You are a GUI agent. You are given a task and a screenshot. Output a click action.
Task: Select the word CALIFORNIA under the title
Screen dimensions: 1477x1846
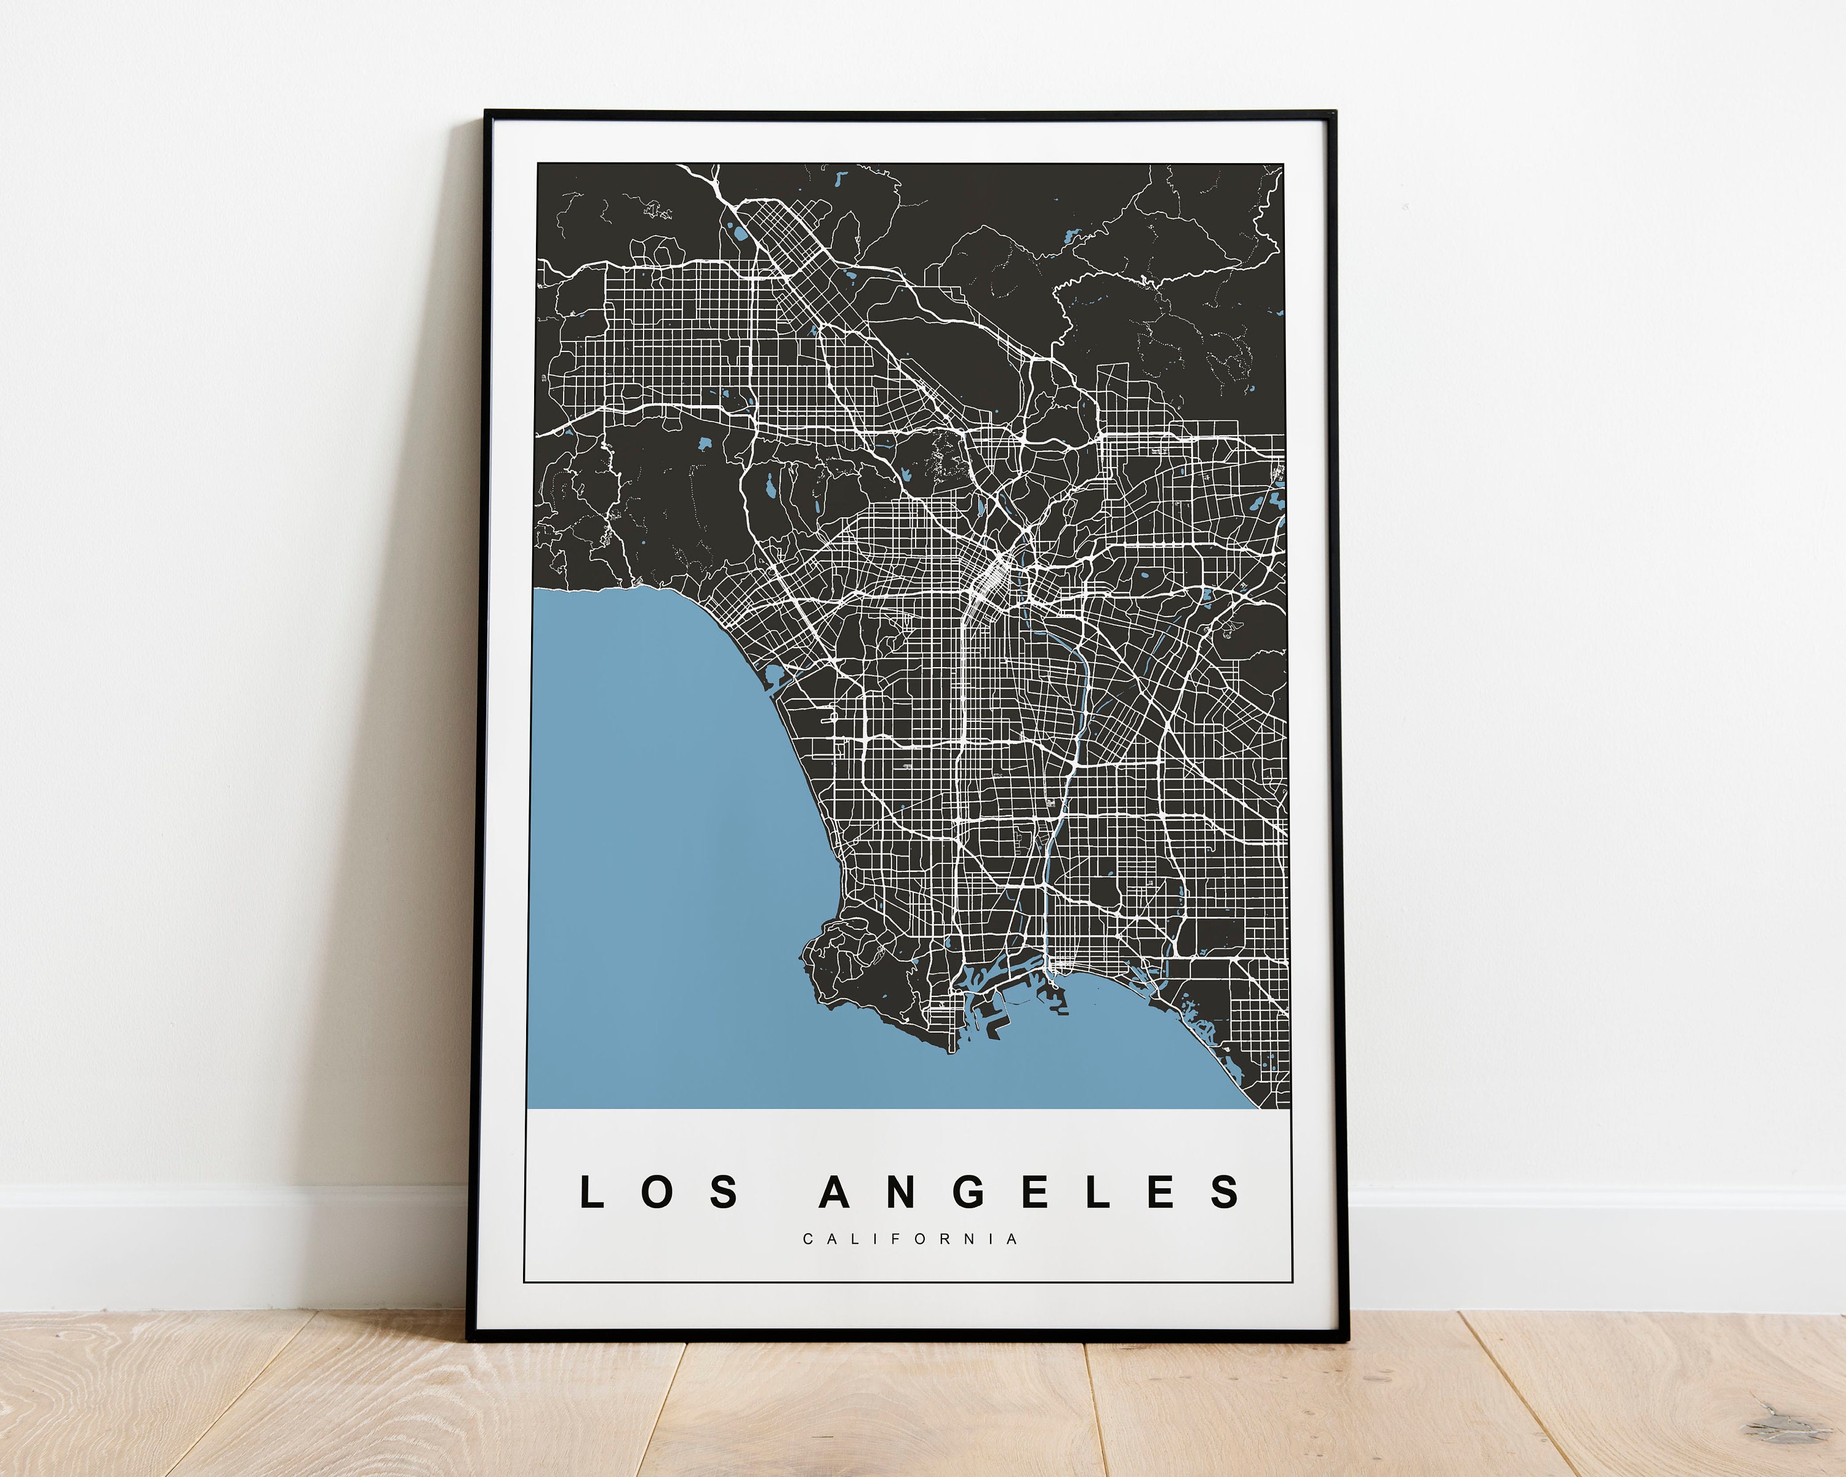[910, 1239]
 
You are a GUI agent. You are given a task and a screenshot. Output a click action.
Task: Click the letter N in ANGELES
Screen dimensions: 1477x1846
[901, 1192]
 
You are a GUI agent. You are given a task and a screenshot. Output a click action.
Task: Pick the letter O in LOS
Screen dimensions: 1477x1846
[657, 1192]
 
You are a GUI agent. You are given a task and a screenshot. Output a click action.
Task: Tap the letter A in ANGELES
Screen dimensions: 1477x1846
[834, 1192]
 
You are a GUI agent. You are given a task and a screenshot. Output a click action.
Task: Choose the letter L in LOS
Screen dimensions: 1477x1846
[592, 1192]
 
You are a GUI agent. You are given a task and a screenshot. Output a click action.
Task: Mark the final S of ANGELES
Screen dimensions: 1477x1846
[1225, 1192]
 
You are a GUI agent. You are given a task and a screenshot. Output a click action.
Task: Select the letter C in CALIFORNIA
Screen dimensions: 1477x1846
[807, 1239]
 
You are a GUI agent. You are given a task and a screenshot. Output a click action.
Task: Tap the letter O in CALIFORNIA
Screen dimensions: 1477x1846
[919, 1239]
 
